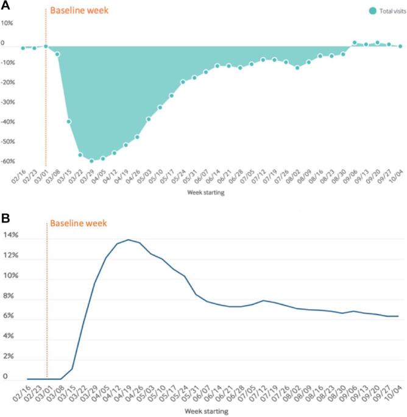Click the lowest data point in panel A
coord(91,161)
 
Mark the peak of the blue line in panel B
coord(129,240)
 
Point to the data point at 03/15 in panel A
coord(69,121)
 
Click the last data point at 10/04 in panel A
coord(400,46)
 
